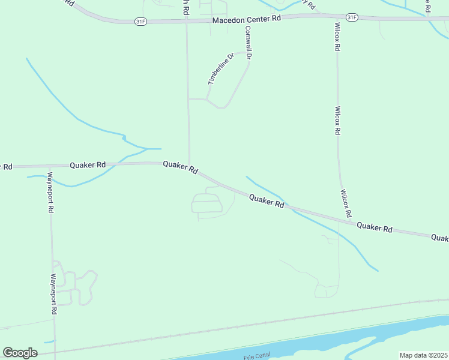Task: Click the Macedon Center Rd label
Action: point(247,19)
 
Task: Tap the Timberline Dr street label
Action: point(219,70)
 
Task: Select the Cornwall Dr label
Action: point(247,42)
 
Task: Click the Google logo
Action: point(20,353)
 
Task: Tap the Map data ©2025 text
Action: point(423,355)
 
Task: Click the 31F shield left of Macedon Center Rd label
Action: point(140,21)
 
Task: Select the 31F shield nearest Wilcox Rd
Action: point(352,17)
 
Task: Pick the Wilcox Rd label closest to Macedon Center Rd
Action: point(337,37)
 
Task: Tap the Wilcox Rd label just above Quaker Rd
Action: point(345,203)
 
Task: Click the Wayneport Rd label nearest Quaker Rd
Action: point(51,193)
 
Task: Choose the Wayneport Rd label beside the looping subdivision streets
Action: point(53,294)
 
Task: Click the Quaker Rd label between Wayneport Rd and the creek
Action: point(88,164)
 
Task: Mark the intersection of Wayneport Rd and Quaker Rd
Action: point(48,165)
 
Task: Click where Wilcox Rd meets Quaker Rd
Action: point(351,222)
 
